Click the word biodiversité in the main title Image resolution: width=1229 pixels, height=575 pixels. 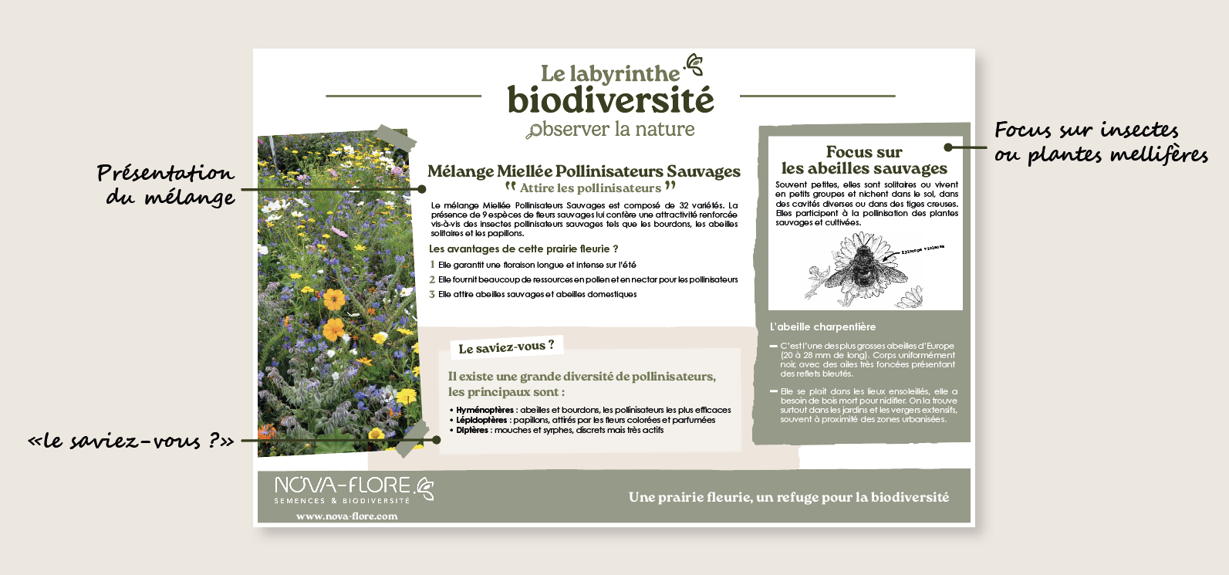point(610,100)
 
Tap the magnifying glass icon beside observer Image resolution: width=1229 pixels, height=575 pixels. point(533,132)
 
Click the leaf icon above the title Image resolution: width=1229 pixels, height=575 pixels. point(694,64)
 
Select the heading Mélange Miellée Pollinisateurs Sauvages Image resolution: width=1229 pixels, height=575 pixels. point(583,171)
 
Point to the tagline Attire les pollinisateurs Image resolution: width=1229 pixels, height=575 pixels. point(590,188)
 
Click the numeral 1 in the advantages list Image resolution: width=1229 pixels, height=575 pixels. point(433,265)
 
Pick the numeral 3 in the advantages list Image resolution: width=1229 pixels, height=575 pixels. point(433,294)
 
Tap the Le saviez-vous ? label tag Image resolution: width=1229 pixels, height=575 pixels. point(506,347)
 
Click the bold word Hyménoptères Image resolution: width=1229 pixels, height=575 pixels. point(485,410)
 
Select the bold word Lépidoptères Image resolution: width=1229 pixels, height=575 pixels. point(481,420)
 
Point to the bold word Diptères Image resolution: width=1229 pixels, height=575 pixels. point(472,430)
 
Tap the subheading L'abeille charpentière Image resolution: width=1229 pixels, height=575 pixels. point(822,326)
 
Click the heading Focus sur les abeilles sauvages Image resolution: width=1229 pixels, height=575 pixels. point(864,161)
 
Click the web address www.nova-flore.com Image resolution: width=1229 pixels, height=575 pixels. point(347,516)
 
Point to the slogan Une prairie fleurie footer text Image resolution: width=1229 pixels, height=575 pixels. point(788,497)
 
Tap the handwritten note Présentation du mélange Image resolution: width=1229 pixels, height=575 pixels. point(167,184)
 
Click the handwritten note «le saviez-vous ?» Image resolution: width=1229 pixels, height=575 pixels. point(131,441)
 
